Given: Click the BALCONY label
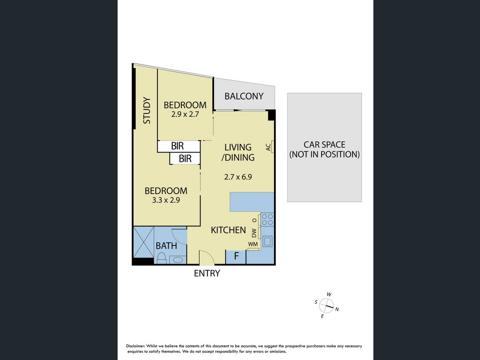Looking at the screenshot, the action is point(244,96).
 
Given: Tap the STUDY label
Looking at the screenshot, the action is point(147,110).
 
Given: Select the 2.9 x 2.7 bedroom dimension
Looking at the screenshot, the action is point(185,114).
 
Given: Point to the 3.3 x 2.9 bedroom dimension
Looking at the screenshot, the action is point(166,200).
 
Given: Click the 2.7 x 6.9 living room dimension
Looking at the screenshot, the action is point(238,177).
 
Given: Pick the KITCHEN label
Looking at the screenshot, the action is point(228,230).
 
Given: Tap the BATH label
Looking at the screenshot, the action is point(166,246).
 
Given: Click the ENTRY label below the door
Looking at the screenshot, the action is point(207,273).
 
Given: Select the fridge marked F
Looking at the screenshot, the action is point(236,257).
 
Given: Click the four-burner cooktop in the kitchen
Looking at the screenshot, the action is point(267,219).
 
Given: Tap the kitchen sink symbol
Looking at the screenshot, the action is point(267,241).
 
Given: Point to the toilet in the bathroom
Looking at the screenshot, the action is point(162,258).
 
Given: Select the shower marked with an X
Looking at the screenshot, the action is point(144,242).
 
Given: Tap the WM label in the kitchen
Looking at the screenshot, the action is point(253,244).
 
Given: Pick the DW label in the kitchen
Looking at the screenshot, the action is point(254,233).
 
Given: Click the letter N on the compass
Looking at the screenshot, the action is point(337,309).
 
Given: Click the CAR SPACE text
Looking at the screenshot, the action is point(324,145).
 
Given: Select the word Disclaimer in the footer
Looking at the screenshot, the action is point(135,346).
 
